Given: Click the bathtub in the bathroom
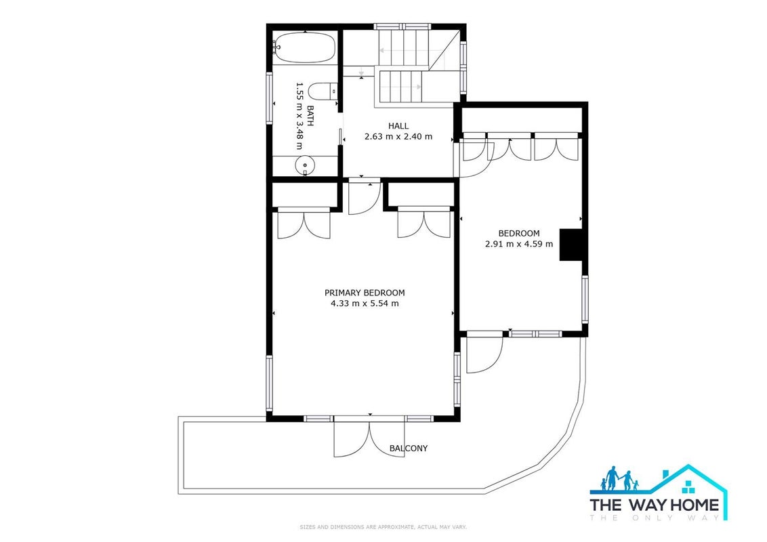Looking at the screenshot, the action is (304, 47).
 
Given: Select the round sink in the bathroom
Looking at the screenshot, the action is (305, 165).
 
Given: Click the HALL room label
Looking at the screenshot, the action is (398, 126).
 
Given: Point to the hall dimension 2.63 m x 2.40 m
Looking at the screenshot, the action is (398, 136).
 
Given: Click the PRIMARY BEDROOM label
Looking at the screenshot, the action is (365, 293).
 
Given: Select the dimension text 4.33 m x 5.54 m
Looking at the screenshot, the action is (365, 304).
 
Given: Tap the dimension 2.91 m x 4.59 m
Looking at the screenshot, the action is (519, 244).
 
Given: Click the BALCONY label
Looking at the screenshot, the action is (409, 448).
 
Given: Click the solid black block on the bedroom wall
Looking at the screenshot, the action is (571, 245).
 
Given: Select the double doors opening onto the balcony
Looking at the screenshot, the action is (369, 438).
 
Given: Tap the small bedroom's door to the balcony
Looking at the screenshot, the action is (484, 353).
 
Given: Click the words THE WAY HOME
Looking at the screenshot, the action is (654, 504).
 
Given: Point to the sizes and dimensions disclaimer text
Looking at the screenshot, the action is (383, 527).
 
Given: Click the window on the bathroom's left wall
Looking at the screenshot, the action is (269, 98).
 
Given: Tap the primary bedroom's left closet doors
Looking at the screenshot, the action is (304, 224).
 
